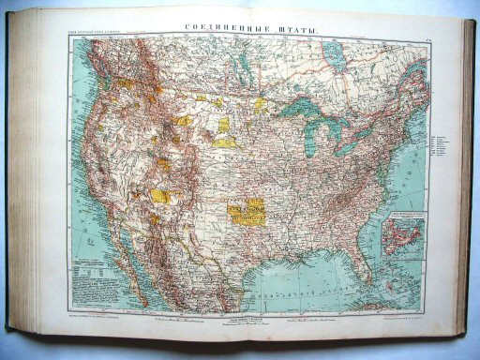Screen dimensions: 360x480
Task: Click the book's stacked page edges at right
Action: click(x=465, y=178)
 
